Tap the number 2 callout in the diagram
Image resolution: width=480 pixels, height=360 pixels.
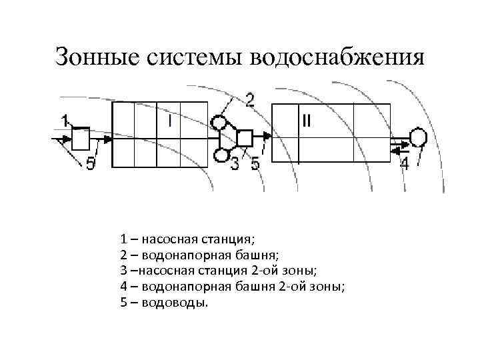(249, 101)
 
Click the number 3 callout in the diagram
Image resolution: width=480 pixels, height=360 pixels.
(235, 163)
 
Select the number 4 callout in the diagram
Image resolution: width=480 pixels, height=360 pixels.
(404, 163)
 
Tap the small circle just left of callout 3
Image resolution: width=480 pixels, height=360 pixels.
(220, 155)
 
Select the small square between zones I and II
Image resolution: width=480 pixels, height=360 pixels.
(245, 138)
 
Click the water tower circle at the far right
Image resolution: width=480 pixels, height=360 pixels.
(418, 137)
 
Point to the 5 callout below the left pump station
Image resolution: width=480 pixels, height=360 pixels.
(91, 163)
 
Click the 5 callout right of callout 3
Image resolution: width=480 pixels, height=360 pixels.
(255, 163)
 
